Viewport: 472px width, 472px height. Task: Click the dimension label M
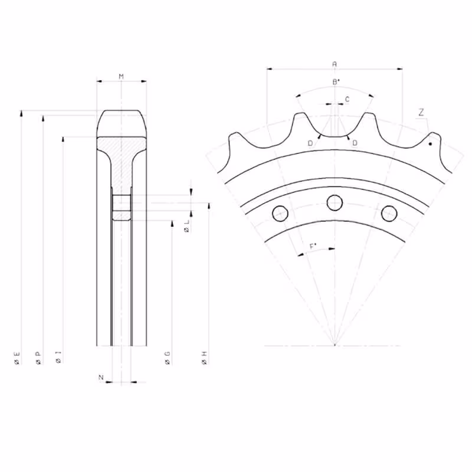121,77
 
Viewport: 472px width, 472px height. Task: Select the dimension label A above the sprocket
335,64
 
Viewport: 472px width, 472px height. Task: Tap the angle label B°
336,81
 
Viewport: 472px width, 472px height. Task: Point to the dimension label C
347,99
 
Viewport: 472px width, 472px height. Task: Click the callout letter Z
421,112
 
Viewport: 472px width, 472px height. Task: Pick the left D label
310,143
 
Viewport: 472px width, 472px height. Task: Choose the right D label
355,143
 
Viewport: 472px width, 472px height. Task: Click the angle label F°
313,247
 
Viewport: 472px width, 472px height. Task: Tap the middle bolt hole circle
335,202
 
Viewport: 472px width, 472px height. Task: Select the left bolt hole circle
280,214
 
